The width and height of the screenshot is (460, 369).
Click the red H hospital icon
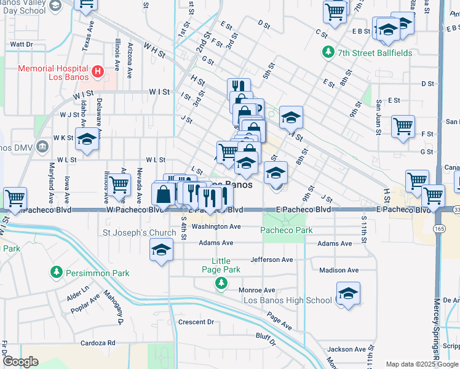pos(97,73)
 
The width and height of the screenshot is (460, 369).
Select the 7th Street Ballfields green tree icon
pos(328,53)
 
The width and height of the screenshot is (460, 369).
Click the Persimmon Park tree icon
pos(57,272)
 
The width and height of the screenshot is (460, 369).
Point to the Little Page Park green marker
pos(221,283)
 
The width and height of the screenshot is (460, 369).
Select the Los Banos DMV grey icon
pos(41,147)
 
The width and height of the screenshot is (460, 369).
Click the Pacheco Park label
pos(286,231)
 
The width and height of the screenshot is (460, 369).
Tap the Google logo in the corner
pos(20,362)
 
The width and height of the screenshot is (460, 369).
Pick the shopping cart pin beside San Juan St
pos(402,127)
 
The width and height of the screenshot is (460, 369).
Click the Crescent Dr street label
pos(196,322)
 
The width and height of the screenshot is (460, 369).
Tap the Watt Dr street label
pos(21,44)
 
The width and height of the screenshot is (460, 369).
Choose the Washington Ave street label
pos(216,226)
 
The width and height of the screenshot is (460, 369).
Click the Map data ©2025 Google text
pos(422,364)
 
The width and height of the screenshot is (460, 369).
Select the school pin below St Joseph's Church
pos(161,250)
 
